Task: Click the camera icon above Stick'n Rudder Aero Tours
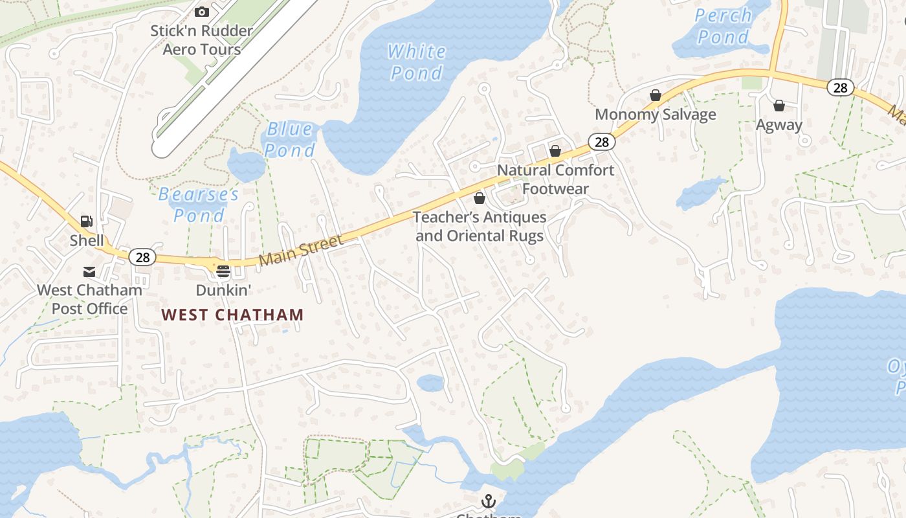(202, 12)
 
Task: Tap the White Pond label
(417, 62)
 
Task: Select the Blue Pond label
(290, 140)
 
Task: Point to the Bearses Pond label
(199, 205)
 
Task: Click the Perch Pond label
(723, 26)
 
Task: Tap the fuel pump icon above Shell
(87, 221)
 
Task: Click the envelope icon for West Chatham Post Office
(89, 272)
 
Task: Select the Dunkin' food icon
(223, 271)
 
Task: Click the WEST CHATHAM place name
(232, 315)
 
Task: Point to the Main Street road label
(301, 250)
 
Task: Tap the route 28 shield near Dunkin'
(142, 257)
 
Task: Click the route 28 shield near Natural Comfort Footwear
(602, 142)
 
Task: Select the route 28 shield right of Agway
(840, 87)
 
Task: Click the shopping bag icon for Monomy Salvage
(656, 96)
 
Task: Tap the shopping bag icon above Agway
(779, 106)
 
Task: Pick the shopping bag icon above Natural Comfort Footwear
(555, 151)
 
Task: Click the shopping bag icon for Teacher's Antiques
(480, 198)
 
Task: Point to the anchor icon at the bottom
(489, 501)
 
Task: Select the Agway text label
(779, 125)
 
